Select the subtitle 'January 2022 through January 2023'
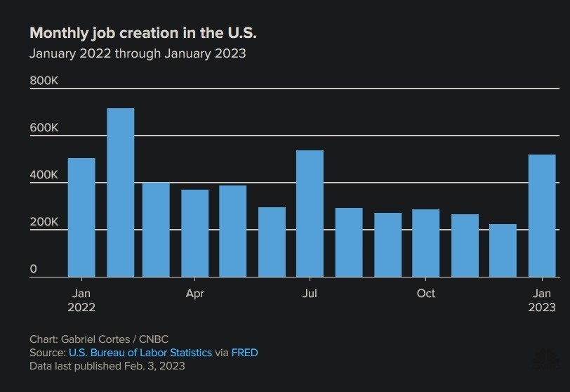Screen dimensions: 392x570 tap(138, 53)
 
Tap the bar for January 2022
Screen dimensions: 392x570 tap(81, 218)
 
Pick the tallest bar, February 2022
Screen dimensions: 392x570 tap(120, 193)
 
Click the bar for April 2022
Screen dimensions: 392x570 tap(195, 233)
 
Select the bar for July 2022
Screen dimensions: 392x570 tap(310, 214)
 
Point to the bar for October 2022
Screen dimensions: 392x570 tap(425, 243)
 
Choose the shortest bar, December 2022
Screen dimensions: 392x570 tap(503, 251)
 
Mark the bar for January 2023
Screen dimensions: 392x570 tap(541, 216)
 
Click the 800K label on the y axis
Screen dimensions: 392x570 tap(44, 81)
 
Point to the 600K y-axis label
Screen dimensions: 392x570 tap(44, 129)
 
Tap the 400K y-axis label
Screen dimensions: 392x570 tap(44, 175)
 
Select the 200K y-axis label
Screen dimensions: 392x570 tap(44, 222)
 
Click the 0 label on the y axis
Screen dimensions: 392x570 tap(34, 269)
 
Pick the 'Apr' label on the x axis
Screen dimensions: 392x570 tap(195, 294)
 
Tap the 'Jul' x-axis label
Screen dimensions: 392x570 tap(310, 294)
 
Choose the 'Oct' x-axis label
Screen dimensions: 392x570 tap(425, 294)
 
